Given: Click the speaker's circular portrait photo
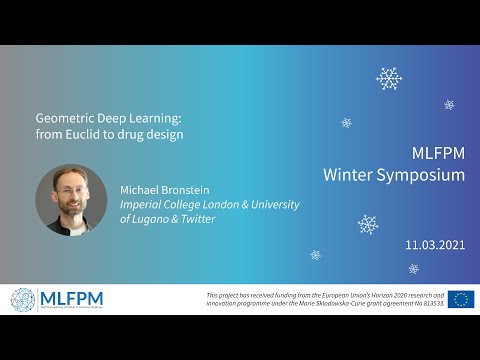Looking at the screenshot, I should point(71,199).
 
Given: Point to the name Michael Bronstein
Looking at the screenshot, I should point(166,190).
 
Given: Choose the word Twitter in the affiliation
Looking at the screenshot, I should point(194,219).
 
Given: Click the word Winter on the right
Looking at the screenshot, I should point(348,175).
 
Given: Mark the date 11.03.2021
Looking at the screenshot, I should point(435,244).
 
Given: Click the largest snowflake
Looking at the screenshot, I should point(389,77).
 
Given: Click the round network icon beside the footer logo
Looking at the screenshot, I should point(23,298).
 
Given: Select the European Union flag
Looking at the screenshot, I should point(461,299).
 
